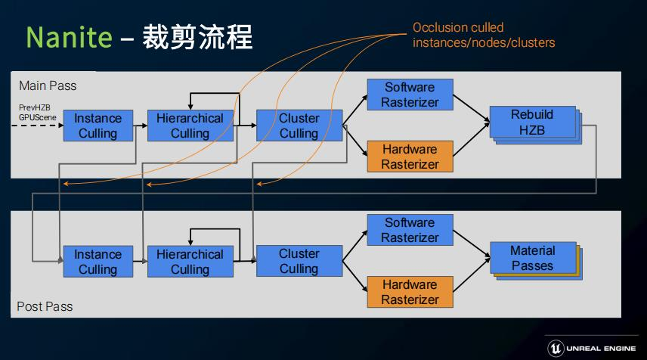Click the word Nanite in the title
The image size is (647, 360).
(x=69, y=36)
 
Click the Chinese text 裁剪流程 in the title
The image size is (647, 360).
(x=197, y=36)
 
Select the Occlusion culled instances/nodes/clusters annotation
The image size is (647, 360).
(x=484, y=36)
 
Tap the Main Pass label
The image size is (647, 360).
(x=48, y=85)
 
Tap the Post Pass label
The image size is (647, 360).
(x=45, y=306)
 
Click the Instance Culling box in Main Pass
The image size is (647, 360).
(x=98, y=126)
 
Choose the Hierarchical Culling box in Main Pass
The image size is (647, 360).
(x=190, y=126)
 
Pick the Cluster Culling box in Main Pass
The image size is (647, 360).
(x=299, y=126)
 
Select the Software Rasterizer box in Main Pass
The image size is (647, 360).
(x=410, y=95)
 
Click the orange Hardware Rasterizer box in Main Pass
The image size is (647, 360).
(x=410, y=157)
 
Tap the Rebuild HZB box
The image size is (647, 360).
(x=532, y=123)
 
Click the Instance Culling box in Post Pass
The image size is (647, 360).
(x=98, y=262)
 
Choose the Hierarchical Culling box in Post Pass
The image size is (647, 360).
(x=190, y=262)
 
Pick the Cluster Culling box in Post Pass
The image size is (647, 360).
(x=299, y=261)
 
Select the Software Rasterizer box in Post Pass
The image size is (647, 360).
(x=410, y=230)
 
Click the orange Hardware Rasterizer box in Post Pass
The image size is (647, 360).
(x=410, y=292)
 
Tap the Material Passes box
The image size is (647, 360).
(x=532, y=258)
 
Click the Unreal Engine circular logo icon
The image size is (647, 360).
(x=556, y=347)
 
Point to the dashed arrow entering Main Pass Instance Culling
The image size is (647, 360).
(x=38, y=126)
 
